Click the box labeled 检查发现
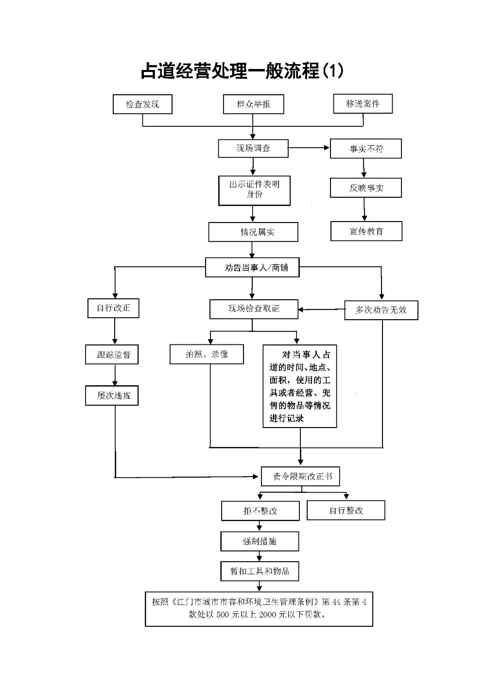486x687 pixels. click(x=142, y=104)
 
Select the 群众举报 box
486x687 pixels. click(x=253, y=104)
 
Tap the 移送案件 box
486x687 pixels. click(x=363, y=104)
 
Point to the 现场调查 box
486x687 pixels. click(x=253, y=148)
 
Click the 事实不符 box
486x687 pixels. click(x=365, y=149)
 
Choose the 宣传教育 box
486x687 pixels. click(x=366, y=231)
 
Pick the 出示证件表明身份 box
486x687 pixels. click(x=254, y=190)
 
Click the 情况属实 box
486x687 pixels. click(x=253, y=232)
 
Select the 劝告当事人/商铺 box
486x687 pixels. click(x=252, y=268)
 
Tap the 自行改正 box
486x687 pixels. click(x=113, y=308)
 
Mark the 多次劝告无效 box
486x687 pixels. click(x=381, y=310)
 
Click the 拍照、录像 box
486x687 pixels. click(x=207, y=354)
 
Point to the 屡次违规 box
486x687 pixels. click(x=112, y=395)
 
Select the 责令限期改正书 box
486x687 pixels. click(x=300, y=477)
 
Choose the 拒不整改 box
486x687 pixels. click(x=260, y=511)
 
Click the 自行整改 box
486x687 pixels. click(x=346, y=510)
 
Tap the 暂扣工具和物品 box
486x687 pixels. click(x=259, y=571)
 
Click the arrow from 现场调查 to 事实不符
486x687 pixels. click(x=309, y=148)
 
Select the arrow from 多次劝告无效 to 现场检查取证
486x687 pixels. click(x=321, y=309)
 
